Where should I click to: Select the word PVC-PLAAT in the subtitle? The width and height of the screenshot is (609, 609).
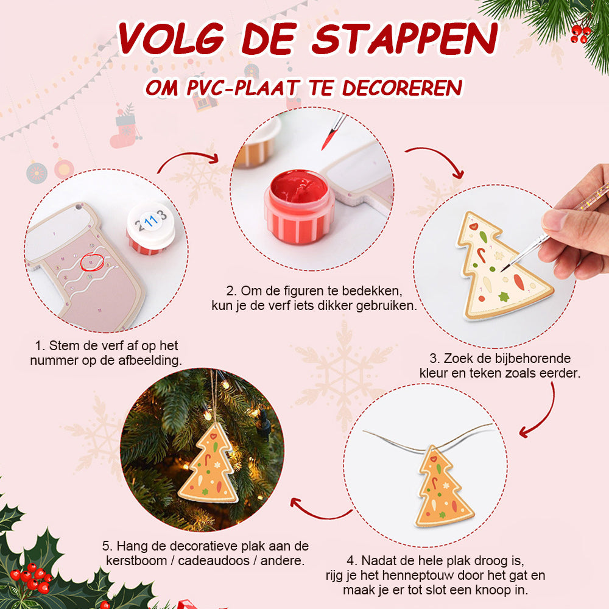pyautogui.click(x=244, y=87)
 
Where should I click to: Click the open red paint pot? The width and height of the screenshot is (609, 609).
pyautogui.click(x=299, y=206)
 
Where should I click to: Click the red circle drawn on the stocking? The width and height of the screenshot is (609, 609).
pyautogui.click(x=92, y=262)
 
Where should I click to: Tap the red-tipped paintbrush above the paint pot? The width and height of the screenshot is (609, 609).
pyautogui.click(x=333, y=132)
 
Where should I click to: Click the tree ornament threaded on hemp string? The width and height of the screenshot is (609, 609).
pyautogui.click(x=443, y=487)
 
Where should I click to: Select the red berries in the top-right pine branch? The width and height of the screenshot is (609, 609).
pyautogui.click(x=580, y=33)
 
